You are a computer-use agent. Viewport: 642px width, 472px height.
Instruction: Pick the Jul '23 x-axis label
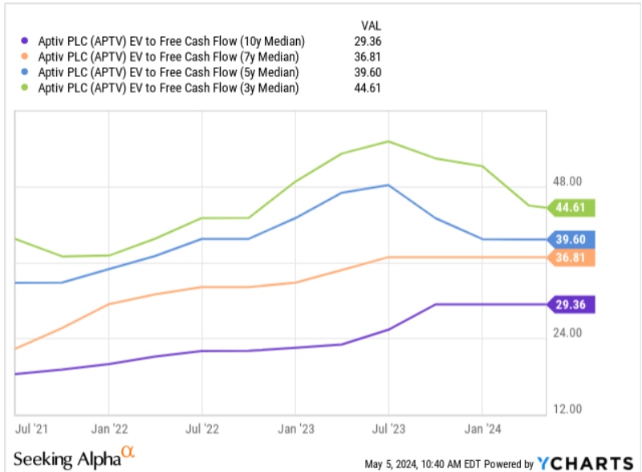pos(389,429)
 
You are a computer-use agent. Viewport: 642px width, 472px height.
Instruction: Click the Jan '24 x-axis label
pos(482,429)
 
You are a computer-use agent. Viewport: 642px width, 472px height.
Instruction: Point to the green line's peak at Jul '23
pos(389,141)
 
